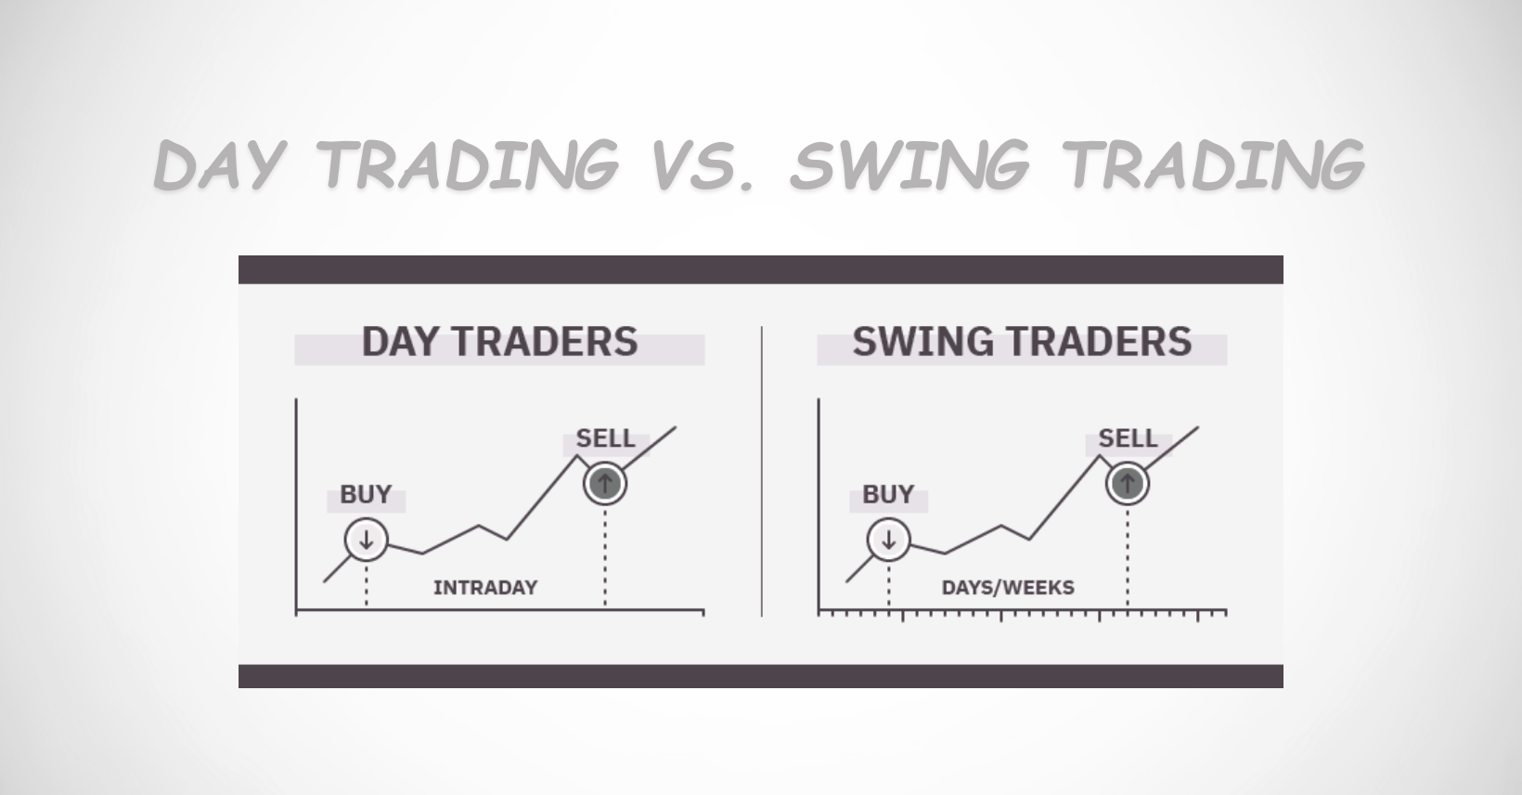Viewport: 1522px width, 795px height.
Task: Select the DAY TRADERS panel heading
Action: (x=499, y=342)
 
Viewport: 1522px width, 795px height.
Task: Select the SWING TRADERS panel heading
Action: (x=1022, y=342)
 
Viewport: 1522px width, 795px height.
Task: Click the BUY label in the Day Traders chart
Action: (x=366, y=494)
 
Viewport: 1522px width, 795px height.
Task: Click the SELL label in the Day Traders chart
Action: (x=605, y=438)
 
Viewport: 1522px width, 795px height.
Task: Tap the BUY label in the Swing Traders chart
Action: (x=888, y=494)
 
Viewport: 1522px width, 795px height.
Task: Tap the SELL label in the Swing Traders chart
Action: (x=1128, y=438)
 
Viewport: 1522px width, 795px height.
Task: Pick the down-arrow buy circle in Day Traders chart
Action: (x=366, y=539)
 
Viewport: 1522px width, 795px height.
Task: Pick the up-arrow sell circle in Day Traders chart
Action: (x=605, y=483)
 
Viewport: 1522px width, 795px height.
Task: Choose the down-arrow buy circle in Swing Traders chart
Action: (x=888, y=539)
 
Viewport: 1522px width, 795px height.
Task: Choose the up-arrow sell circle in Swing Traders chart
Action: (x=1128, y=483)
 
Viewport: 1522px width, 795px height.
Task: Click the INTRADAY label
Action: (x=485, y=587)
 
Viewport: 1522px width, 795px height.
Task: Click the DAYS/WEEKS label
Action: (x=1008, y=587)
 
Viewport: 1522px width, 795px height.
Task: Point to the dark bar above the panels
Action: (x=761, y=269)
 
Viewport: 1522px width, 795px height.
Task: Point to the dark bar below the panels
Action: (x=761, y=676)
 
